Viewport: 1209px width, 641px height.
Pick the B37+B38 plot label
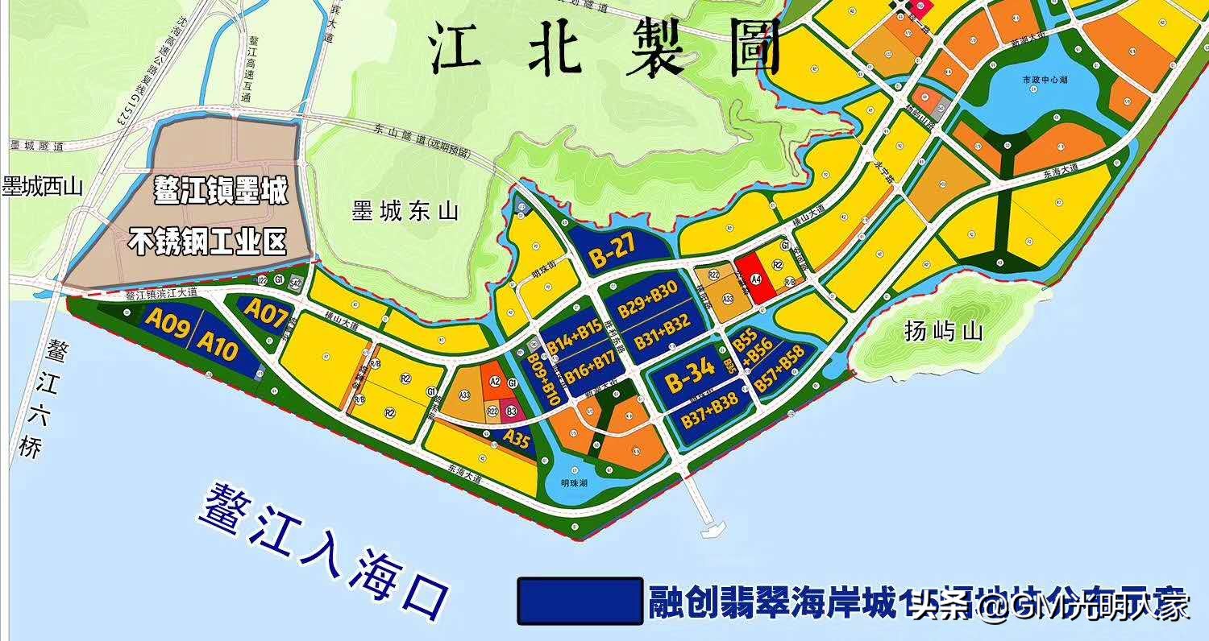(709, 420)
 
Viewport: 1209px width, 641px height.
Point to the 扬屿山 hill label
(944, 332)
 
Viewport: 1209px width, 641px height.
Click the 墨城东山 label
(405, 212)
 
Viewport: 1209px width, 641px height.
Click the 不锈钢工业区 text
(210, 242)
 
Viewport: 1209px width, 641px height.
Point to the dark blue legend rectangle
(580, 600)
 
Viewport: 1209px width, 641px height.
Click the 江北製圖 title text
(604, 46)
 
